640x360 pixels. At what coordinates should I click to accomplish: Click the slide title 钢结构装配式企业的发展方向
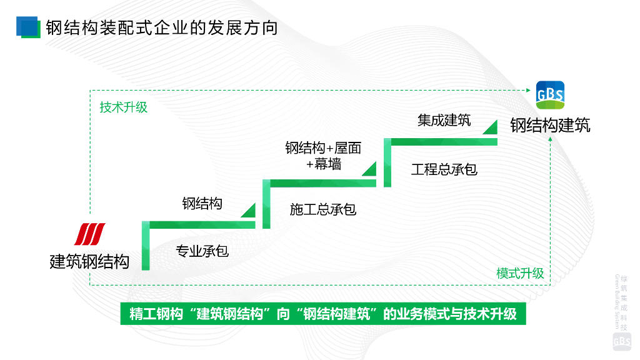point(161,28)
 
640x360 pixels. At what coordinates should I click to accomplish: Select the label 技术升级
point(124,107)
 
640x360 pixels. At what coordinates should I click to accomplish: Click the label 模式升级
point(520,273)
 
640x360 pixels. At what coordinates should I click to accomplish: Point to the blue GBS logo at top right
point(550,95)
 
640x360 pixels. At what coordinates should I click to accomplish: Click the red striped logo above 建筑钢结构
point(90,234)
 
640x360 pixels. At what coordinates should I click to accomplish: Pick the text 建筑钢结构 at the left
point(89,261)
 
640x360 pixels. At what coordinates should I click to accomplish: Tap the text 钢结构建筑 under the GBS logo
point(550,125)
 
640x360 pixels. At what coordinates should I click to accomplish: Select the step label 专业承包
point(202,251)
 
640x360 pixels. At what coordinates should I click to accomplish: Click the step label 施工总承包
point(323,209)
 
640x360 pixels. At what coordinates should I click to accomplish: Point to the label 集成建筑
point(444,121)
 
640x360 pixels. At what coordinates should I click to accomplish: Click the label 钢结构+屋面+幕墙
point(323,156)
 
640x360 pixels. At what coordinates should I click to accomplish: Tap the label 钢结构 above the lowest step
point(202,203)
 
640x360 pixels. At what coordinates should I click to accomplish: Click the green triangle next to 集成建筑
point(491,127)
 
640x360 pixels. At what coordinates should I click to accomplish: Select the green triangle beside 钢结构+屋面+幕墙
point(369,168)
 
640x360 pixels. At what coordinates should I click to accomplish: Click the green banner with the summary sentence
point(323,314)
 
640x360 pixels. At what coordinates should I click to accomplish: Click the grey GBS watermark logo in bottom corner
point(622,341)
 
